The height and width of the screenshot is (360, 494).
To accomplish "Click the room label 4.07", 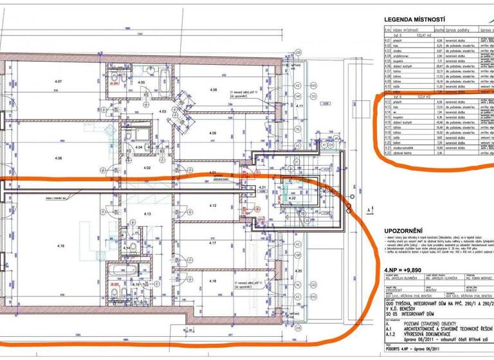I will pos(59,82).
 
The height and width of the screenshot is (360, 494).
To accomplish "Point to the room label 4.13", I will pos(146,213).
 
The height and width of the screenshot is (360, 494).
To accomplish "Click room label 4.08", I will pos(213,89).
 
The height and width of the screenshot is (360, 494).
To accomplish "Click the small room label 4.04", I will pos(138,147).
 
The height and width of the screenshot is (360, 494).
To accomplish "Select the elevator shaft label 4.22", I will pos(291,199).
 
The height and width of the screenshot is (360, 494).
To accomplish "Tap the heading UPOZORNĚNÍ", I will pos(403,230).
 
